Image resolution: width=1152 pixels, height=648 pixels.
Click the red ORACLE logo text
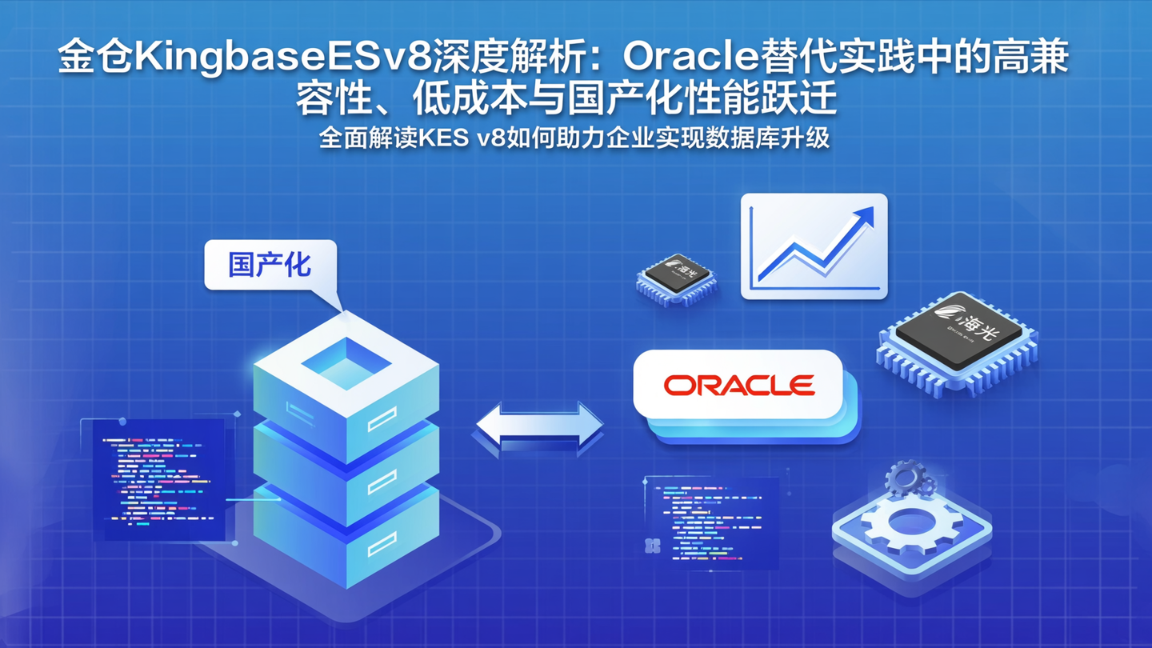[x=738, y=386]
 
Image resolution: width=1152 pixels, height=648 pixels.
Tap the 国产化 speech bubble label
[x=270, y=265]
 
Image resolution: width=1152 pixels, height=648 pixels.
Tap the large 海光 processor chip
[x=958, y=340]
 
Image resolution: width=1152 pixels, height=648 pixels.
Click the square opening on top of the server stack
[x=346, y=362]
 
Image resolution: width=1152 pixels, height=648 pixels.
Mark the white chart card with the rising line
[x=814, y=246]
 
